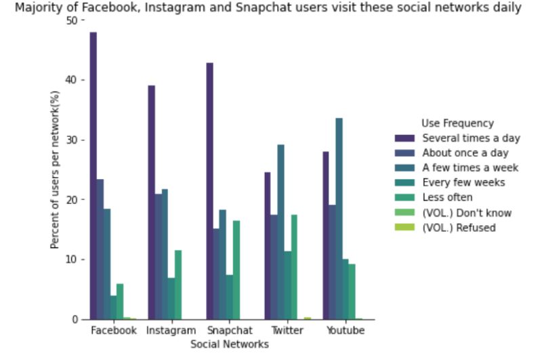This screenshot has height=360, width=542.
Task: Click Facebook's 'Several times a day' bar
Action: [x=93, y=176]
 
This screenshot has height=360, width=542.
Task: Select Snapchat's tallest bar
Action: [x=209, y=191]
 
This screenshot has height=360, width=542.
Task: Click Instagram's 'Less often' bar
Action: [x=178, y=285]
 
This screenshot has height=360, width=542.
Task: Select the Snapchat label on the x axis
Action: [x=229, y=331]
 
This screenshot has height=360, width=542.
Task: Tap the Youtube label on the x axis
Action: [x=345, y=331]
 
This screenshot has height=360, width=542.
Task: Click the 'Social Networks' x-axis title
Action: [x=229, y=344]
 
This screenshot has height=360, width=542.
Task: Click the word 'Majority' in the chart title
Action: [x=36, y=8]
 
